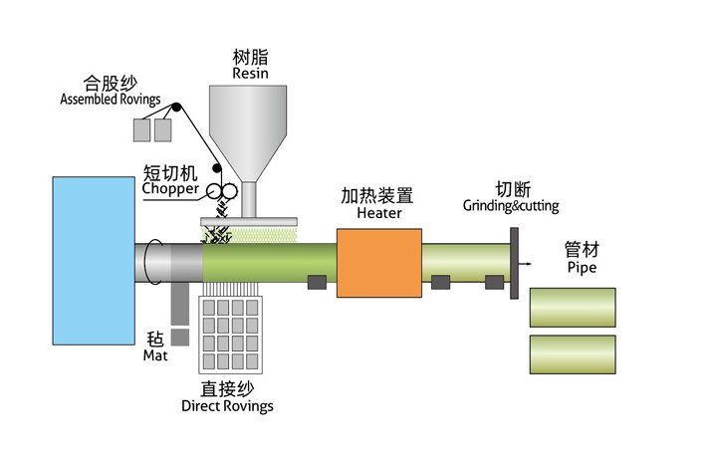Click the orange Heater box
point(377,263)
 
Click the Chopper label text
point(170,188)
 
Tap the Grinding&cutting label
point(511,206)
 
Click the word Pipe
point(582,268)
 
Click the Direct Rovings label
point(227,406)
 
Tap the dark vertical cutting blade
point(514,263)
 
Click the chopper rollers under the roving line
point(220,191)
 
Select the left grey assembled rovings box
point(142,129)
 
